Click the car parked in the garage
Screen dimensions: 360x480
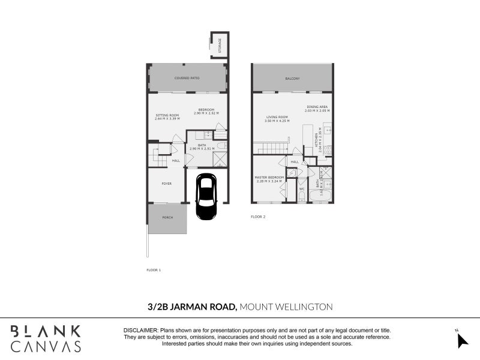(206, 191)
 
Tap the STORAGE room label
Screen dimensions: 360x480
(220, 44)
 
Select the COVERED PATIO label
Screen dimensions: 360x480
(187, 78)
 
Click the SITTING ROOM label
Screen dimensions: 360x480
(167, 115)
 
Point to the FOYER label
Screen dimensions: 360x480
(167, 184)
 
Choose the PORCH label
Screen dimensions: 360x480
(167, 217)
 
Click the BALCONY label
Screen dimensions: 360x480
(292, 79)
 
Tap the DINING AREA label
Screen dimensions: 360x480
(317, 107)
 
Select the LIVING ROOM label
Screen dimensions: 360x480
(277, 117)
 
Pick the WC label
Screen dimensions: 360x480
(302, 189)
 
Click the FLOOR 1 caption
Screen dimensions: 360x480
(154, 270)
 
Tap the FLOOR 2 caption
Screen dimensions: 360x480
(258, 216)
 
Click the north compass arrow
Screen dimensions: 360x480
(461, 340)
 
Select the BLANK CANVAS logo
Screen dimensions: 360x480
(45, 338)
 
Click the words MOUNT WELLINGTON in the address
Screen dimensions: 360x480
(286, 307)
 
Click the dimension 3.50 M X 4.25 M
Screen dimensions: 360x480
(277, 121)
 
